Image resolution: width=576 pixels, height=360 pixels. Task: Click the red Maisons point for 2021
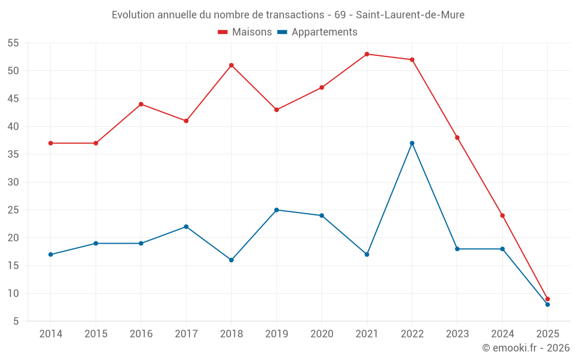[367, 54]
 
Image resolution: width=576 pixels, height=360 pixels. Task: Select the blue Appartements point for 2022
[412, 143]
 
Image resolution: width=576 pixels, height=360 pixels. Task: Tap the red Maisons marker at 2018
[231, 65]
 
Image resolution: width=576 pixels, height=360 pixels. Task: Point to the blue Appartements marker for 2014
[51, 255]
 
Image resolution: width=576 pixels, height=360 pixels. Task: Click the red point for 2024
[502, 215]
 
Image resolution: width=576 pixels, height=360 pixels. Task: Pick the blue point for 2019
[276, 210]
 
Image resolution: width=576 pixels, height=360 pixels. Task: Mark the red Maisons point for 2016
[141, 104]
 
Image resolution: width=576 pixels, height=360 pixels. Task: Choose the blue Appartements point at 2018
[231, 260]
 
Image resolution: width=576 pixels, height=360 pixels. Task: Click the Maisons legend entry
[245, 32]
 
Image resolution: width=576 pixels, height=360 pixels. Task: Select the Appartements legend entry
[317, 32]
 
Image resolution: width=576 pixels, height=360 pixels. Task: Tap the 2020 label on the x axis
[321, 334]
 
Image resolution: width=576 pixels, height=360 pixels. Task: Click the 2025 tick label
[547, 334]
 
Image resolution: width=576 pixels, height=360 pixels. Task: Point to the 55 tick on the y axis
[13, 43]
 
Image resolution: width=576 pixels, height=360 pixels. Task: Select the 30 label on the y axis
[13, 182]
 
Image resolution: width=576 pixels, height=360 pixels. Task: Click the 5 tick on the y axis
[16, 321]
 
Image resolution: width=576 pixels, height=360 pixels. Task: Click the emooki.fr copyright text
[526, 348]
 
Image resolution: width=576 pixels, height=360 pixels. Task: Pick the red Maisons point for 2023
[457, 138]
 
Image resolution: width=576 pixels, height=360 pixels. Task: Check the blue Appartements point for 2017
[186, 226]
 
